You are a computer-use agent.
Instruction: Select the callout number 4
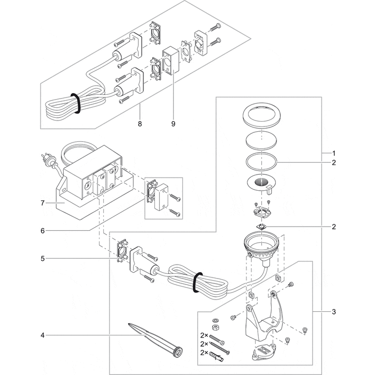(43, 336)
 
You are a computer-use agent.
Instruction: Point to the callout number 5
(43, 258)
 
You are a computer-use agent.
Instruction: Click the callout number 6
(43, 231)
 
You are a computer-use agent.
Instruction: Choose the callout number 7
(43, 203)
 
